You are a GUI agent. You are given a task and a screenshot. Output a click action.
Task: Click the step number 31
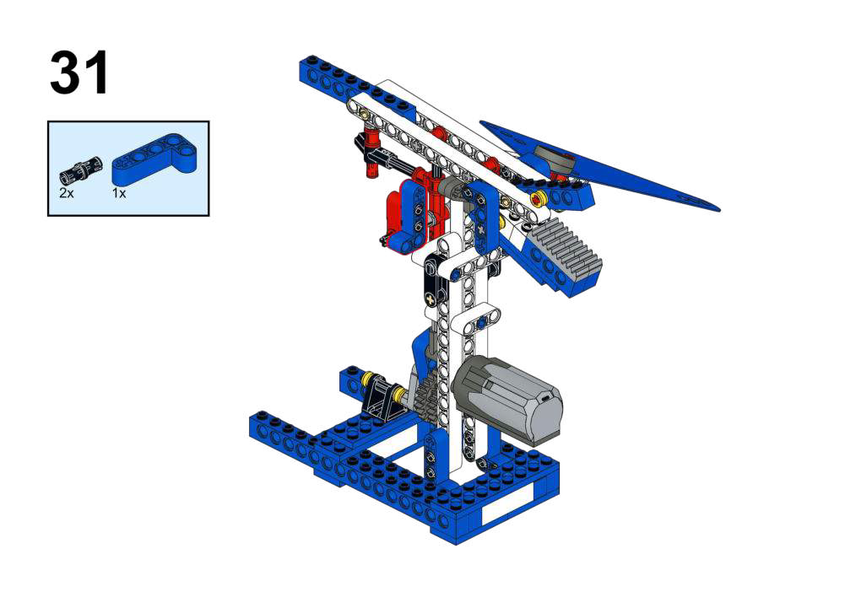point(79,73)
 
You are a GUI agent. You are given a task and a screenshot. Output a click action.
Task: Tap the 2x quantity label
point(67,193)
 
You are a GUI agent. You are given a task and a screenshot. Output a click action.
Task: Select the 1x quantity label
point(118,193)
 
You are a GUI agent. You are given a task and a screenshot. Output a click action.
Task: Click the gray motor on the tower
point(506,396)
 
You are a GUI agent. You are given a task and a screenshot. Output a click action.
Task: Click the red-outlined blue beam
point(411,215)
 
